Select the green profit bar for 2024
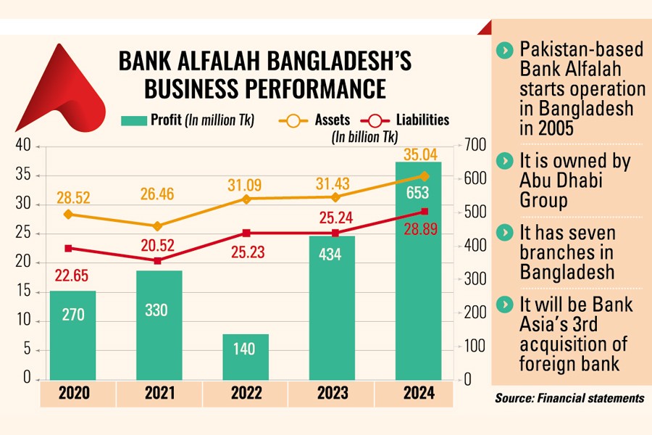(x=418, y=290)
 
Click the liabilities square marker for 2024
(x=425, y=212)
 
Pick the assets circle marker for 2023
(x=335, y=197)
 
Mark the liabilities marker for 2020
(x=69, y=248)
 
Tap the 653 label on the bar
(x=418, y=193)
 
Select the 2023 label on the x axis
(x=332, y=394)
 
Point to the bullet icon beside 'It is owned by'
(x=501, y=161)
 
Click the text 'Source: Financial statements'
(x=569, y=398)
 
